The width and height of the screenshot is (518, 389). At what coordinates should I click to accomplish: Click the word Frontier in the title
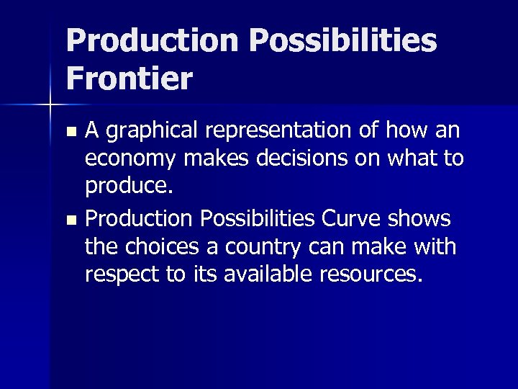[x=129, y=78]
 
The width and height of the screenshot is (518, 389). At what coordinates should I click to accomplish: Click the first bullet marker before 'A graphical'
[x=71, y=133]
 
